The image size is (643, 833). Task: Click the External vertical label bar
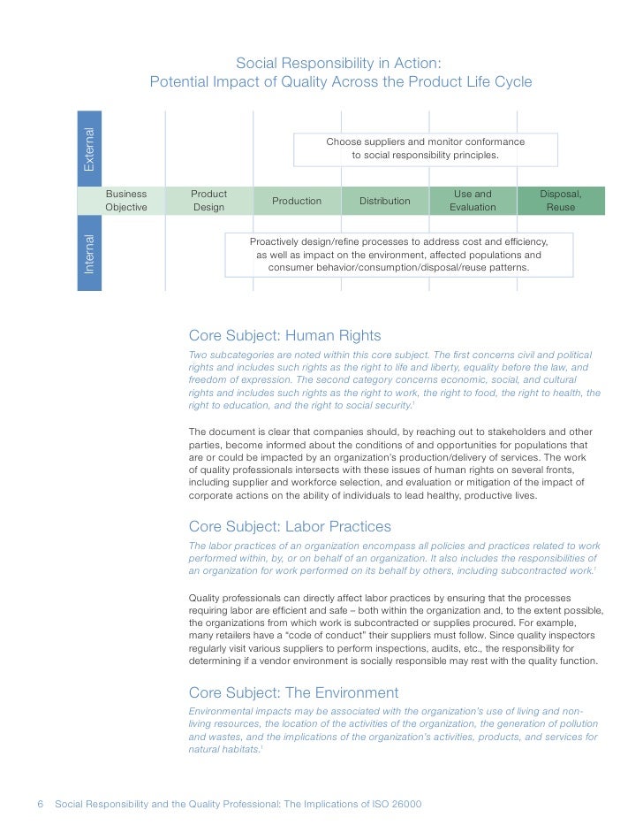89,149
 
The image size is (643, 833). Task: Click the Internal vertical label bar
89,253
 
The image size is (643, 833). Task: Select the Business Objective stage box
126,201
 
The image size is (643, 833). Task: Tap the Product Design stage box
209,201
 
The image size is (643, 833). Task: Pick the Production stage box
297,201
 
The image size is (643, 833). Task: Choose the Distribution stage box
385,201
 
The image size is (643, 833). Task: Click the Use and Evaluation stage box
473,201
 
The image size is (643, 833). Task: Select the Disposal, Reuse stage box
561,201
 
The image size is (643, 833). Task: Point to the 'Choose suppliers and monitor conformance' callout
425,149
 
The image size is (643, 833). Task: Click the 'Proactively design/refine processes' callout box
398,254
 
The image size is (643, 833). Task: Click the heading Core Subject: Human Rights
285,336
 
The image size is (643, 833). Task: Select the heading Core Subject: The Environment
294,692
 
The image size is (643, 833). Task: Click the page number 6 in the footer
41,804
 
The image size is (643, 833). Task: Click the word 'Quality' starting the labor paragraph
207,597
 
